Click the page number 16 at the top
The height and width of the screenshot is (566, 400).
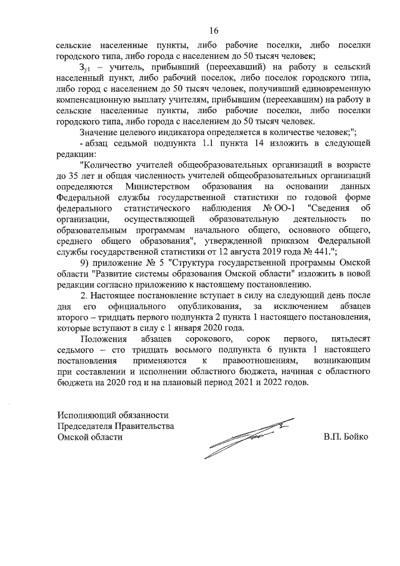click(x=214, y=30)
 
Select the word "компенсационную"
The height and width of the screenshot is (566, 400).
click(x=93, y=99)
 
